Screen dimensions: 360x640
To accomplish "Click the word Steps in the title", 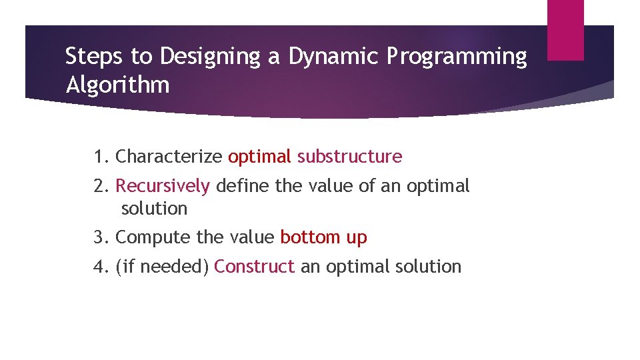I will pos(89,57).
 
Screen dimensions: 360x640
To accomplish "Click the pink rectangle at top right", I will pos(565,29).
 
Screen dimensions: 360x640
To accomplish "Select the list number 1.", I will pos(101,157).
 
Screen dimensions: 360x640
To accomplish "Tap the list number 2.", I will pos(101,185).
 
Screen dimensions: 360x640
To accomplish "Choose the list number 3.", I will pos(101,237).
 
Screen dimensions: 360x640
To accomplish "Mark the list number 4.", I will pos(101,267).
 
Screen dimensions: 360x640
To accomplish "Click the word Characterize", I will pos(169,157).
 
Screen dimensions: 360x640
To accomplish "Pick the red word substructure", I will pos(349,157).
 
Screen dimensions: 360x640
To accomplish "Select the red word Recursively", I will pos(163,186).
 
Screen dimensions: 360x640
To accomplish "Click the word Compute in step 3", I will pos(151,237).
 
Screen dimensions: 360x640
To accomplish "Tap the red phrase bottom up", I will pos(323,237).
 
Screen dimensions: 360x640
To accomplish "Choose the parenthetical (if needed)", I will pos(163,267).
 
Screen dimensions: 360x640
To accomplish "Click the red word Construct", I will pos(254,267).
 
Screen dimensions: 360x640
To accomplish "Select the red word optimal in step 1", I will pos(259,157).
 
